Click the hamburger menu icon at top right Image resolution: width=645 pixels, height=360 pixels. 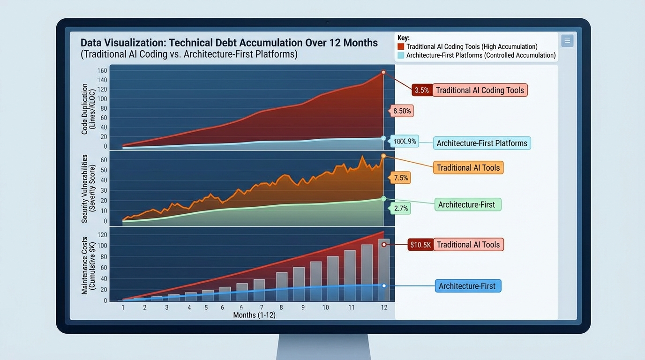(x=567, y=41)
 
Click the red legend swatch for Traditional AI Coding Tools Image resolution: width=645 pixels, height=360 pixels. (x=401, y=46)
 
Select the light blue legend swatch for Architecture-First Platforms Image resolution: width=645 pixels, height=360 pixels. (x=401, y=55)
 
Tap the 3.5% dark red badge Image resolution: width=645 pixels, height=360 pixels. (x=422, y=90)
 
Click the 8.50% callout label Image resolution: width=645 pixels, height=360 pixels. (x=402, y=111)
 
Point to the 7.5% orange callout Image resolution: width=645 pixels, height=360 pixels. (x=401, y=178)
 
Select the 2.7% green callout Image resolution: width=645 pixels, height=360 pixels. (x=401, y=208)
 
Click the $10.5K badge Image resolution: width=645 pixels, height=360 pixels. (x=420, y=245)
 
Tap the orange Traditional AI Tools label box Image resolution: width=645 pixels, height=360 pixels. (x=468, y=168)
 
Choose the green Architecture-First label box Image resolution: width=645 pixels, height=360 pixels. (x=466, y=205)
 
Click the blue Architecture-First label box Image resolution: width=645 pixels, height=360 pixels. (x=467, y=286)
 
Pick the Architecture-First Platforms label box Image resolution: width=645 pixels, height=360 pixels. (x=482, y=143)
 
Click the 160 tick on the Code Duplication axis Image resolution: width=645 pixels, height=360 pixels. (x=102, y=71)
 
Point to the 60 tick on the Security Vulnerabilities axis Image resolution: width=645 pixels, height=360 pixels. (x=104, y=160)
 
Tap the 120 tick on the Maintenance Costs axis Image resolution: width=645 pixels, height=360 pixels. (x=102, y=235)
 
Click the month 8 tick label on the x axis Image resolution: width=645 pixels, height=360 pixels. (x=281, y=307)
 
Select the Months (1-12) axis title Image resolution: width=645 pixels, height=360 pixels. (x=254, y=315)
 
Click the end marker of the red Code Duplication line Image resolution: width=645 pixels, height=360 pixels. (x=383, y=72)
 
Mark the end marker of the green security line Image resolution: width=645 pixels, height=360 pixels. (x=383, y=199)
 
